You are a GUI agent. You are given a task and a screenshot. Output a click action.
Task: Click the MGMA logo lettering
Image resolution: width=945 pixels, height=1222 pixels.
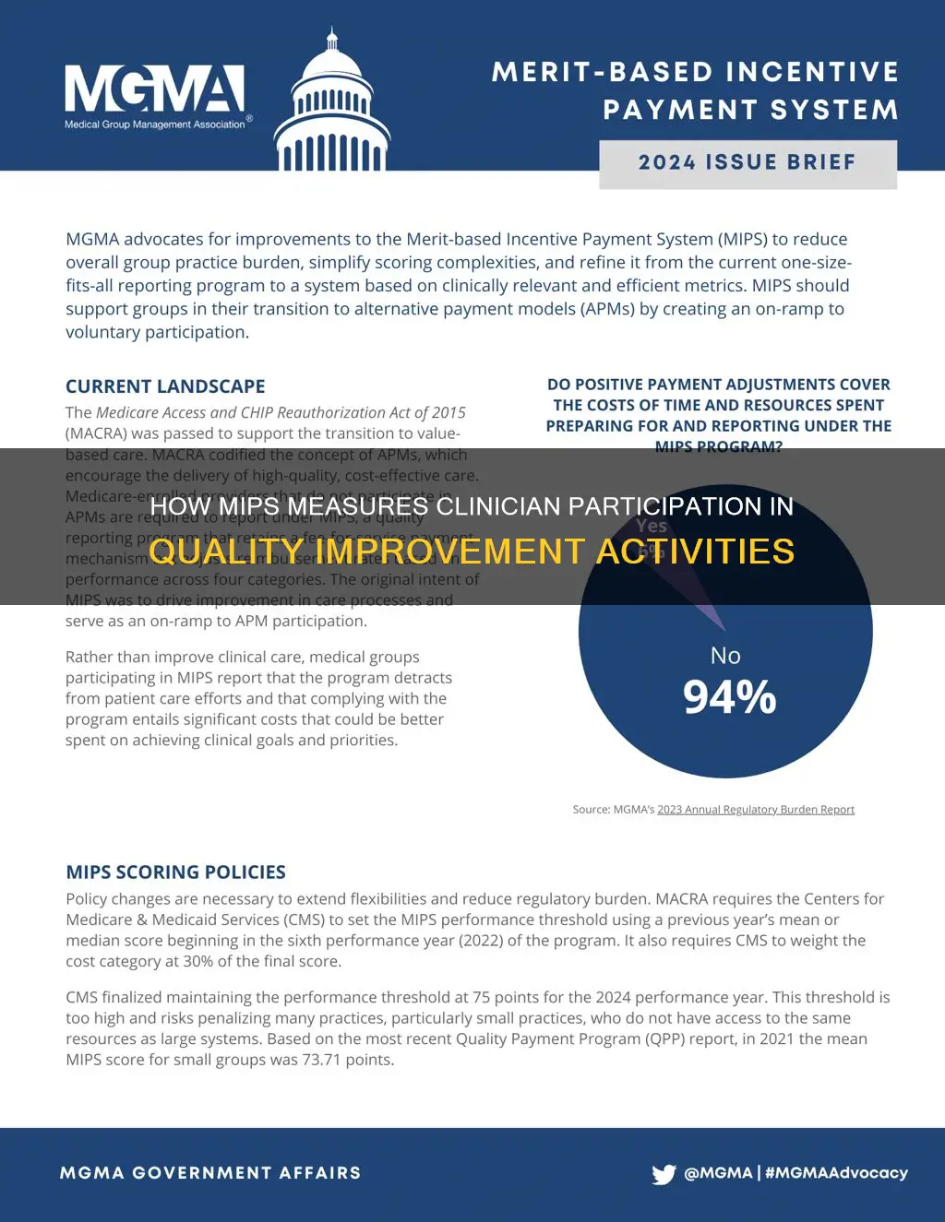(154, 90)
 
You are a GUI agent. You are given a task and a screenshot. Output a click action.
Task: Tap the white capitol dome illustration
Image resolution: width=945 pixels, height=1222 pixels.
(331, 111)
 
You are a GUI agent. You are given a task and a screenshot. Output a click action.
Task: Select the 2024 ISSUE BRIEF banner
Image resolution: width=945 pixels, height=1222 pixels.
(748, 163)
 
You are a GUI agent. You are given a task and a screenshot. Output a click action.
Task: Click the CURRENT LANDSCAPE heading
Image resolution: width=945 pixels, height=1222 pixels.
(165, 386)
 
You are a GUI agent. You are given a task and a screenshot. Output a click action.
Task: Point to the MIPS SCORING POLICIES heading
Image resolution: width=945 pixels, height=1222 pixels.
(175, 872)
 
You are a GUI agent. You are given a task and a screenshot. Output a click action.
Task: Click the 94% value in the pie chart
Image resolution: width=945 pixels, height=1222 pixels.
(729, 697)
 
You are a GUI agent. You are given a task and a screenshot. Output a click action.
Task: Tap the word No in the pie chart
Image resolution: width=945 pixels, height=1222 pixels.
(725, 655)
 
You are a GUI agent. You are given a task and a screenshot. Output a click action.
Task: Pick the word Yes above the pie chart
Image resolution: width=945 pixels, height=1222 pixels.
(651, 526)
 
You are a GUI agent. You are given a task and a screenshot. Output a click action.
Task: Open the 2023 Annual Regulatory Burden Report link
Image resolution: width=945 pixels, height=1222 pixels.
(755, 810)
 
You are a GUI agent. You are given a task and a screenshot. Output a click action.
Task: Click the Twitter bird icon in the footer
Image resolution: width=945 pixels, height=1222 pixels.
(664, 1174)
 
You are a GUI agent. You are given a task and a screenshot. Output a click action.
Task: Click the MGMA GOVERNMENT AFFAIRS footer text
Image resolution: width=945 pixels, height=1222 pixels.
(210, 1173)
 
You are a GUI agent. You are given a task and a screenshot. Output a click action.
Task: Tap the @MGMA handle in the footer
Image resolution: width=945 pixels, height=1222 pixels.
(718, 1173)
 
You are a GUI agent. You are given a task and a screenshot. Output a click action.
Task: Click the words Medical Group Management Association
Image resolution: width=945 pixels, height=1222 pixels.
(155, 125)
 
